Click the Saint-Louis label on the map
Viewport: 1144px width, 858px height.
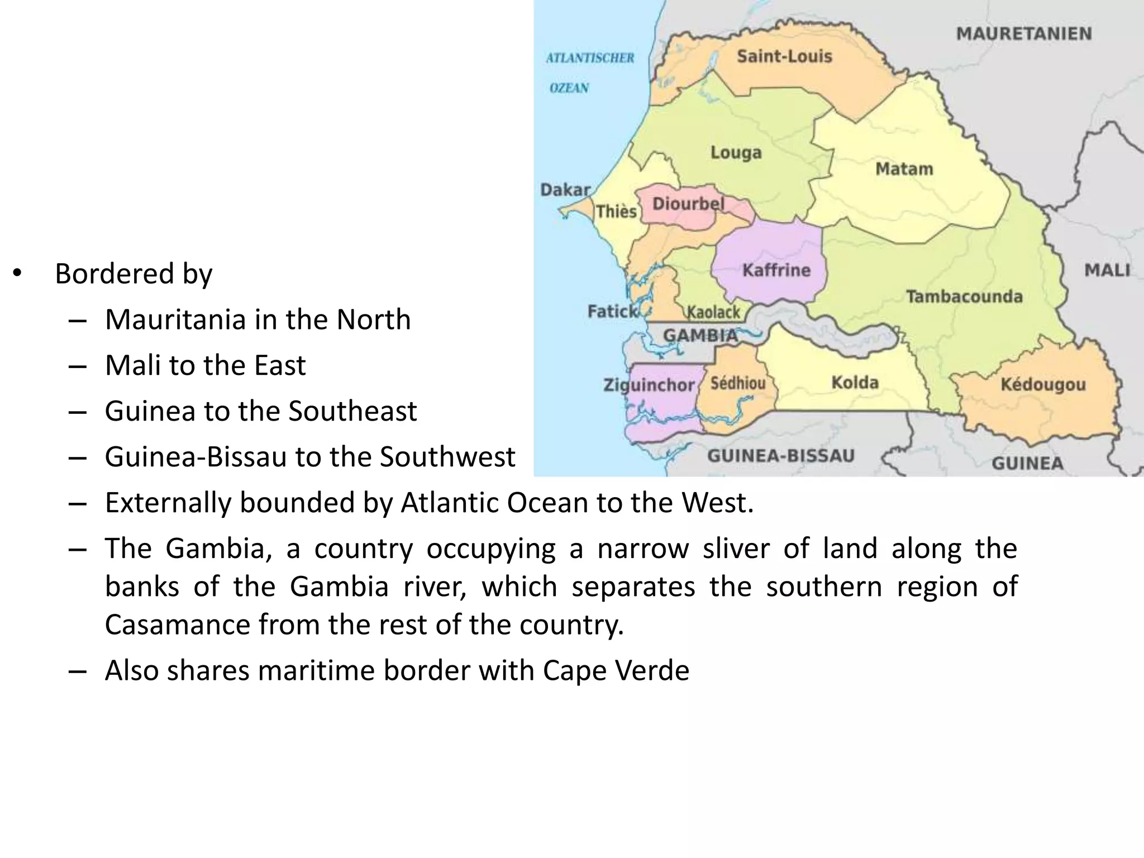coord(784,56)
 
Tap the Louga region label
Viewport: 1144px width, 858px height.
coord(736,152)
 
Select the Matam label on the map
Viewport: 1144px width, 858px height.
coord(904,169)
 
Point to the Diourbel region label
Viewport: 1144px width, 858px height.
coord(688,204)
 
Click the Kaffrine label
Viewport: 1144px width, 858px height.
coord(776,270)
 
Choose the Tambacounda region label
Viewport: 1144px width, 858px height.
coord(964,296)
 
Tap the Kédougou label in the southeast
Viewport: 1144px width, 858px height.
coord(1043,384)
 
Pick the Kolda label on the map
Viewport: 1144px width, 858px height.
coord(855,383)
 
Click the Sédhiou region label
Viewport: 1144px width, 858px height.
coord(738,383)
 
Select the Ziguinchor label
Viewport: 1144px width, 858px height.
coord(649,385)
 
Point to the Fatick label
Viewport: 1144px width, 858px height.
coord(612,311)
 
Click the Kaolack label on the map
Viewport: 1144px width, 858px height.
coord(713,312)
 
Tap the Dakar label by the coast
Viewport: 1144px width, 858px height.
coord(565,190)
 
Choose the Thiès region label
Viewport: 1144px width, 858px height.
coord(616,211)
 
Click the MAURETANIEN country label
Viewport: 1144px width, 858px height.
coord(1023,34)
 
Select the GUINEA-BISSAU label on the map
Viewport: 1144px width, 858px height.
coord(781,456)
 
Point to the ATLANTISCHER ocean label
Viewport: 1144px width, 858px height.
coord(590,58)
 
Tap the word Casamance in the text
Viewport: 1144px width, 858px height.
coord(178,625)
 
